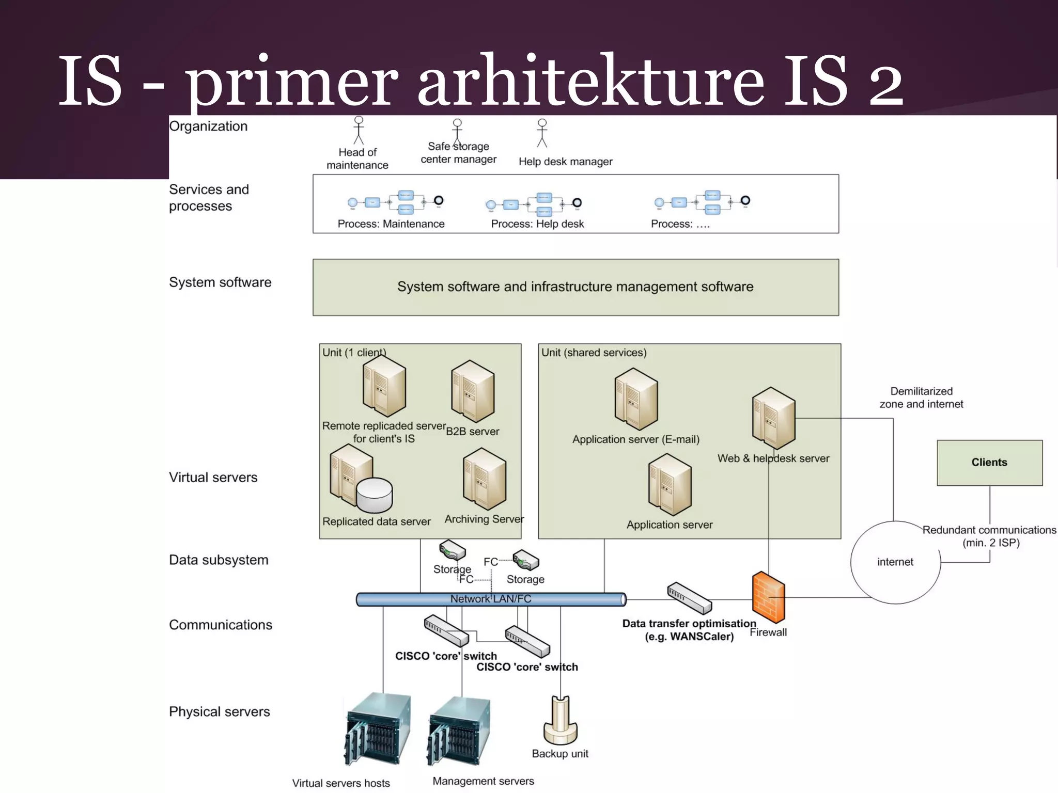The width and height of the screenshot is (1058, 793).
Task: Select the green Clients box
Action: pos(989,463)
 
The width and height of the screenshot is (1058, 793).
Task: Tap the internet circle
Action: pos(895,562)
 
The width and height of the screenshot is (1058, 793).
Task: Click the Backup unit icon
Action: pos(561,720)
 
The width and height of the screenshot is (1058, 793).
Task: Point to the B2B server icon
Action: pos(473,391)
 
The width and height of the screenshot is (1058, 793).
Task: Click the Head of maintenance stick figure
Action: pos(359,130)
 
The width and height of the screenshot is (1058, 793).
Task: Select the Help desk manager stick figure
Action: pos(542,133)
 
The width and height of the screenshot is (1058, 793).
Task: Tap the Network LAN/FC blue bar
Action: pos(491,599)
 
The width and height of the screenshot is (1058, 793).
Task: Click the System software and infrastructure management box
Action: pos(575,287)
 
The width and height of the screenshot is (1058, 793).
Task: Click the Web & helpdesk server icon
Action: pos(773,418)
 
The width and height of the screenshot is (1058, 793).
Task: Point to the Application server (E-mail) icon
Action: pos(636,399)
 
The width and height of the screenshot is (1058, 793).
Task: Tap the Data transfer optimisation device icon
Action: pos(689,598)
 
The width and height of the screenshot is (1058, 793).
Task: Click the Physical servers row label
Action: pos(219,712)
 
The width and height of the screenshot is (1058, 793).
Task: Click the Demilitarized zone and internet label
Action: pos(921,398)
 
